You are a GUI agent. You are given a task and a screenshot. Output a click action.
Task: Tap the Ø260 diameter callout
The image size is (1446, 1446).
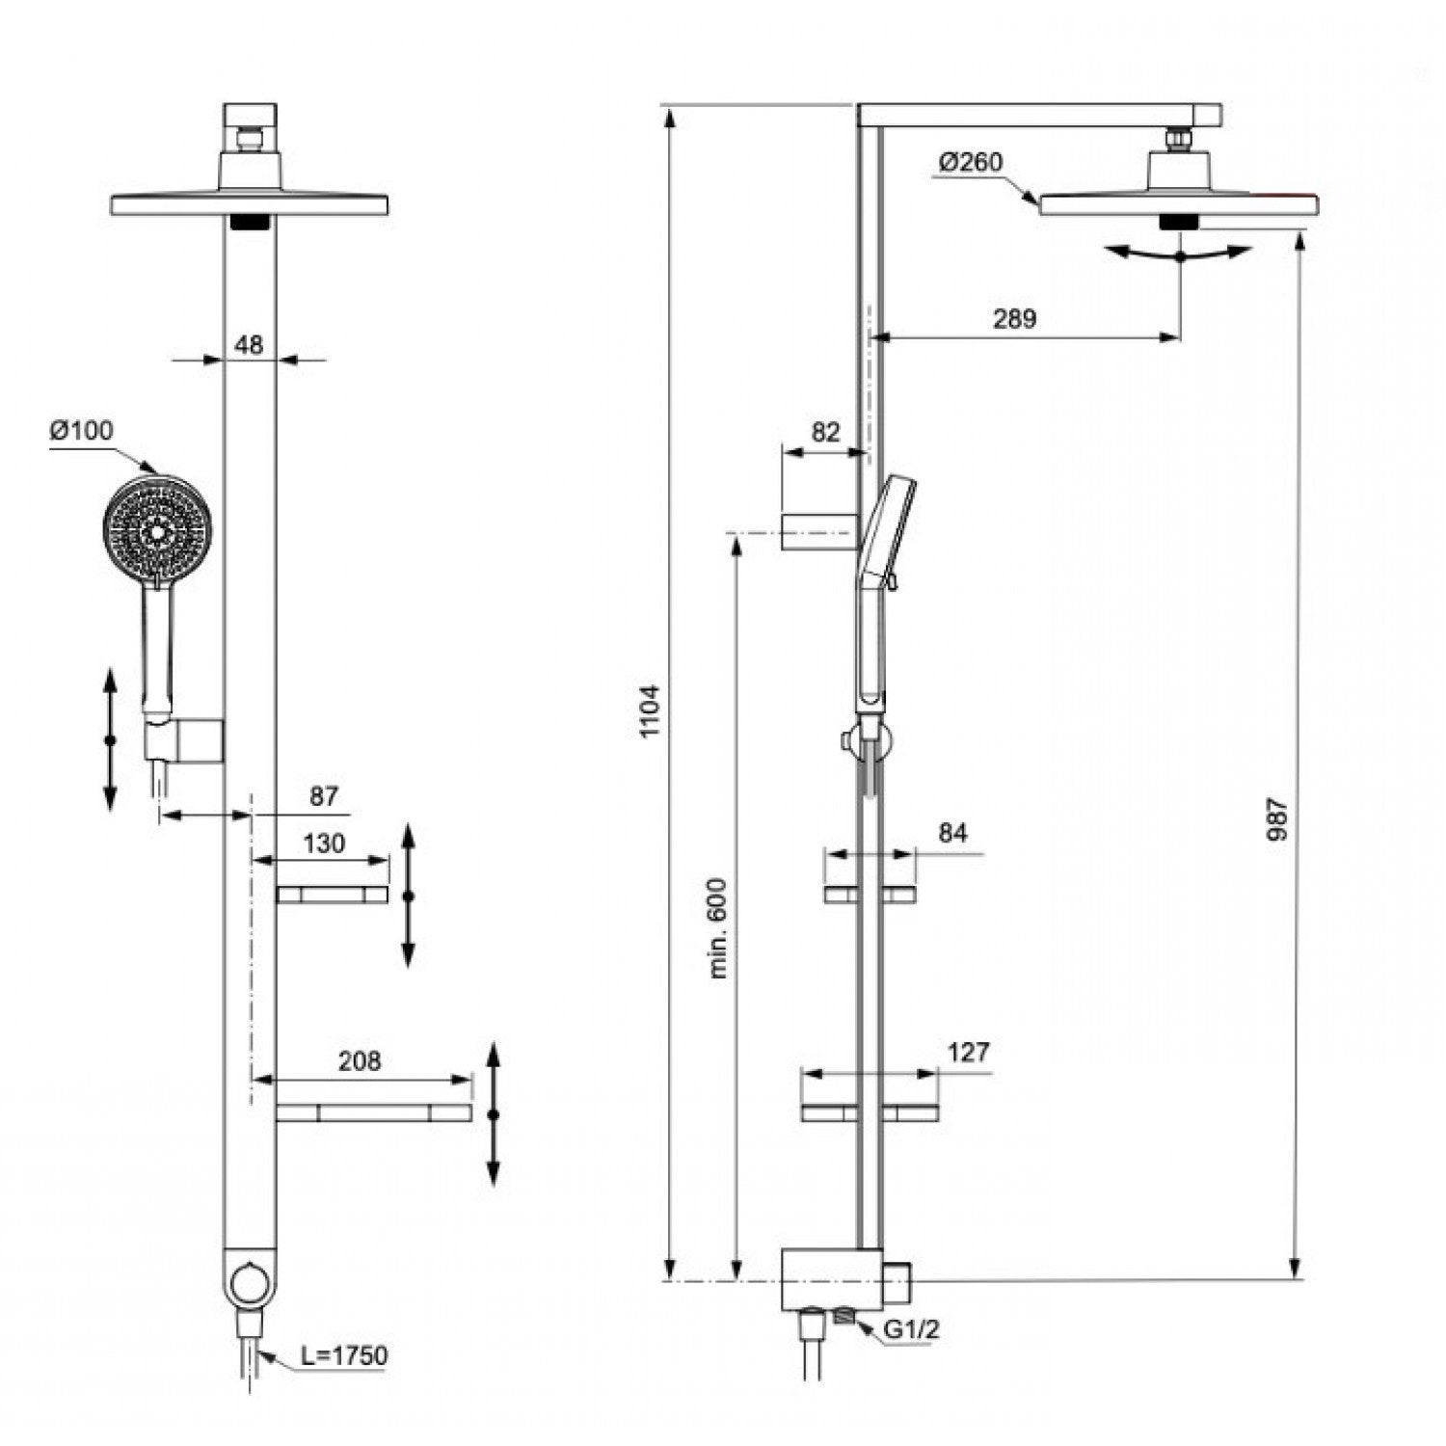pyautogui.click(x=971, y=162)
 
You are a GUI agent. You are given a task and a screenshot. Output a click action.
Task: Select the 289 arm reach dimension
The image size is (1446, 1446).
pyautogui.click(x=1014, y=318)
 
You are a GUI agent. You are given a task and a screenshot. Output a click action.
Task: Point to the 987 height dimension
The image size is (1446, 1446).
pyautogui.click(x=1277, y=817)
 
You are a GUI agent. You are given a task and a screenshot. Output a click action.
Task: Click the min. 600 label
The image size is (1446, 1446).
pyautogui.click(x=719, y=928)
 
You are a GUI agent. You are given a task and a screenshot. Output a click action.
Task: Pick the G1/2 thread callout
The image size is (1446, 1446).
pyautogui.click(x=912, y=1329)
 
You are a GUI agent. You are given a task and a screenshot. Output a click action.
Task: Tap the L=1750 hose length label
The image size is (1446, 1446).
pyautogui.click(x=344, y=1355)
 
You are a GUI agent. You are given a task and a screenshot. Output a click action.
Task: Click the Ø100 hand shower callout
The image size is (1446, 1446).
pyautogui.click(x=82, y=430)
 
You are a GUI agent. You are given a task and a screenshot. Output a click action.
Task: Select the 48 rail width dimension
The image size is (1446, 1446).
pyautogui.click(x=249, y=344)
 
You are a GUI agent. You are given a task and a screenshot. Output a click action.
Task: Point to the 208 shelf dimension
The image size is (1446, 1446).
pyautogui.click(x=360, y=1060)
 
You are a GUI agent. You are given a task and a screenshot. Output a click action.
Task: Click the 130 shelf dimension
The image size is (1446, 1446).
pyautogui.click(x=324, y=843)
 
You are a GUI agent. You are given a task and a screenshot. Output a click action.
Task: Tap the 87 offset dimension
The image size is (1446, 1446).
pyautogui.click(x=324, y=796)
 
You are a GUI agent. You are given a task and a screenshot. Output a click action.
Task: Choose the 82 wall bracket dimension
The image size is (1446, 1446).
pyautogui.click(x=825, y=432)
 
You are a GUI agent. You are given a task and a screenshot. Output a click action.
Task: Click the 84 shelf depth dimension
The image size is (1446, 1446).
pyautogui.click(x=952, y=832)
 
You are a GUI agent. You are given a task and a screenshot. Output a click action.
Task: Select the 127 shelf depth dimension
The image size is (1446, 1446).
pyautogui.click(x=968, y=1051)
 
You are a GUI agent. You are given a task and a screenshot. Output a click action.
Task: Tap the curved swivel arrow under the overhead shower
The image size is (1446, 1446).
pyautogui.click(x=1181, y=254)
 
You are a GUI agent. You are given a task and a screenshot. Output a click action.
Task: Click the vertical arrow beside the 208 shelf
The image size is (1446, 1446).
pyautogui.click(x=494, y=1113)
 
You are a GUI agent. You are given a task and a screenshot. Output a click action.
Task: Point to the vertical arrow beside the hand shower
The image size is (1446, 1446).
pyautogui.click(x=110, y=739)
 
